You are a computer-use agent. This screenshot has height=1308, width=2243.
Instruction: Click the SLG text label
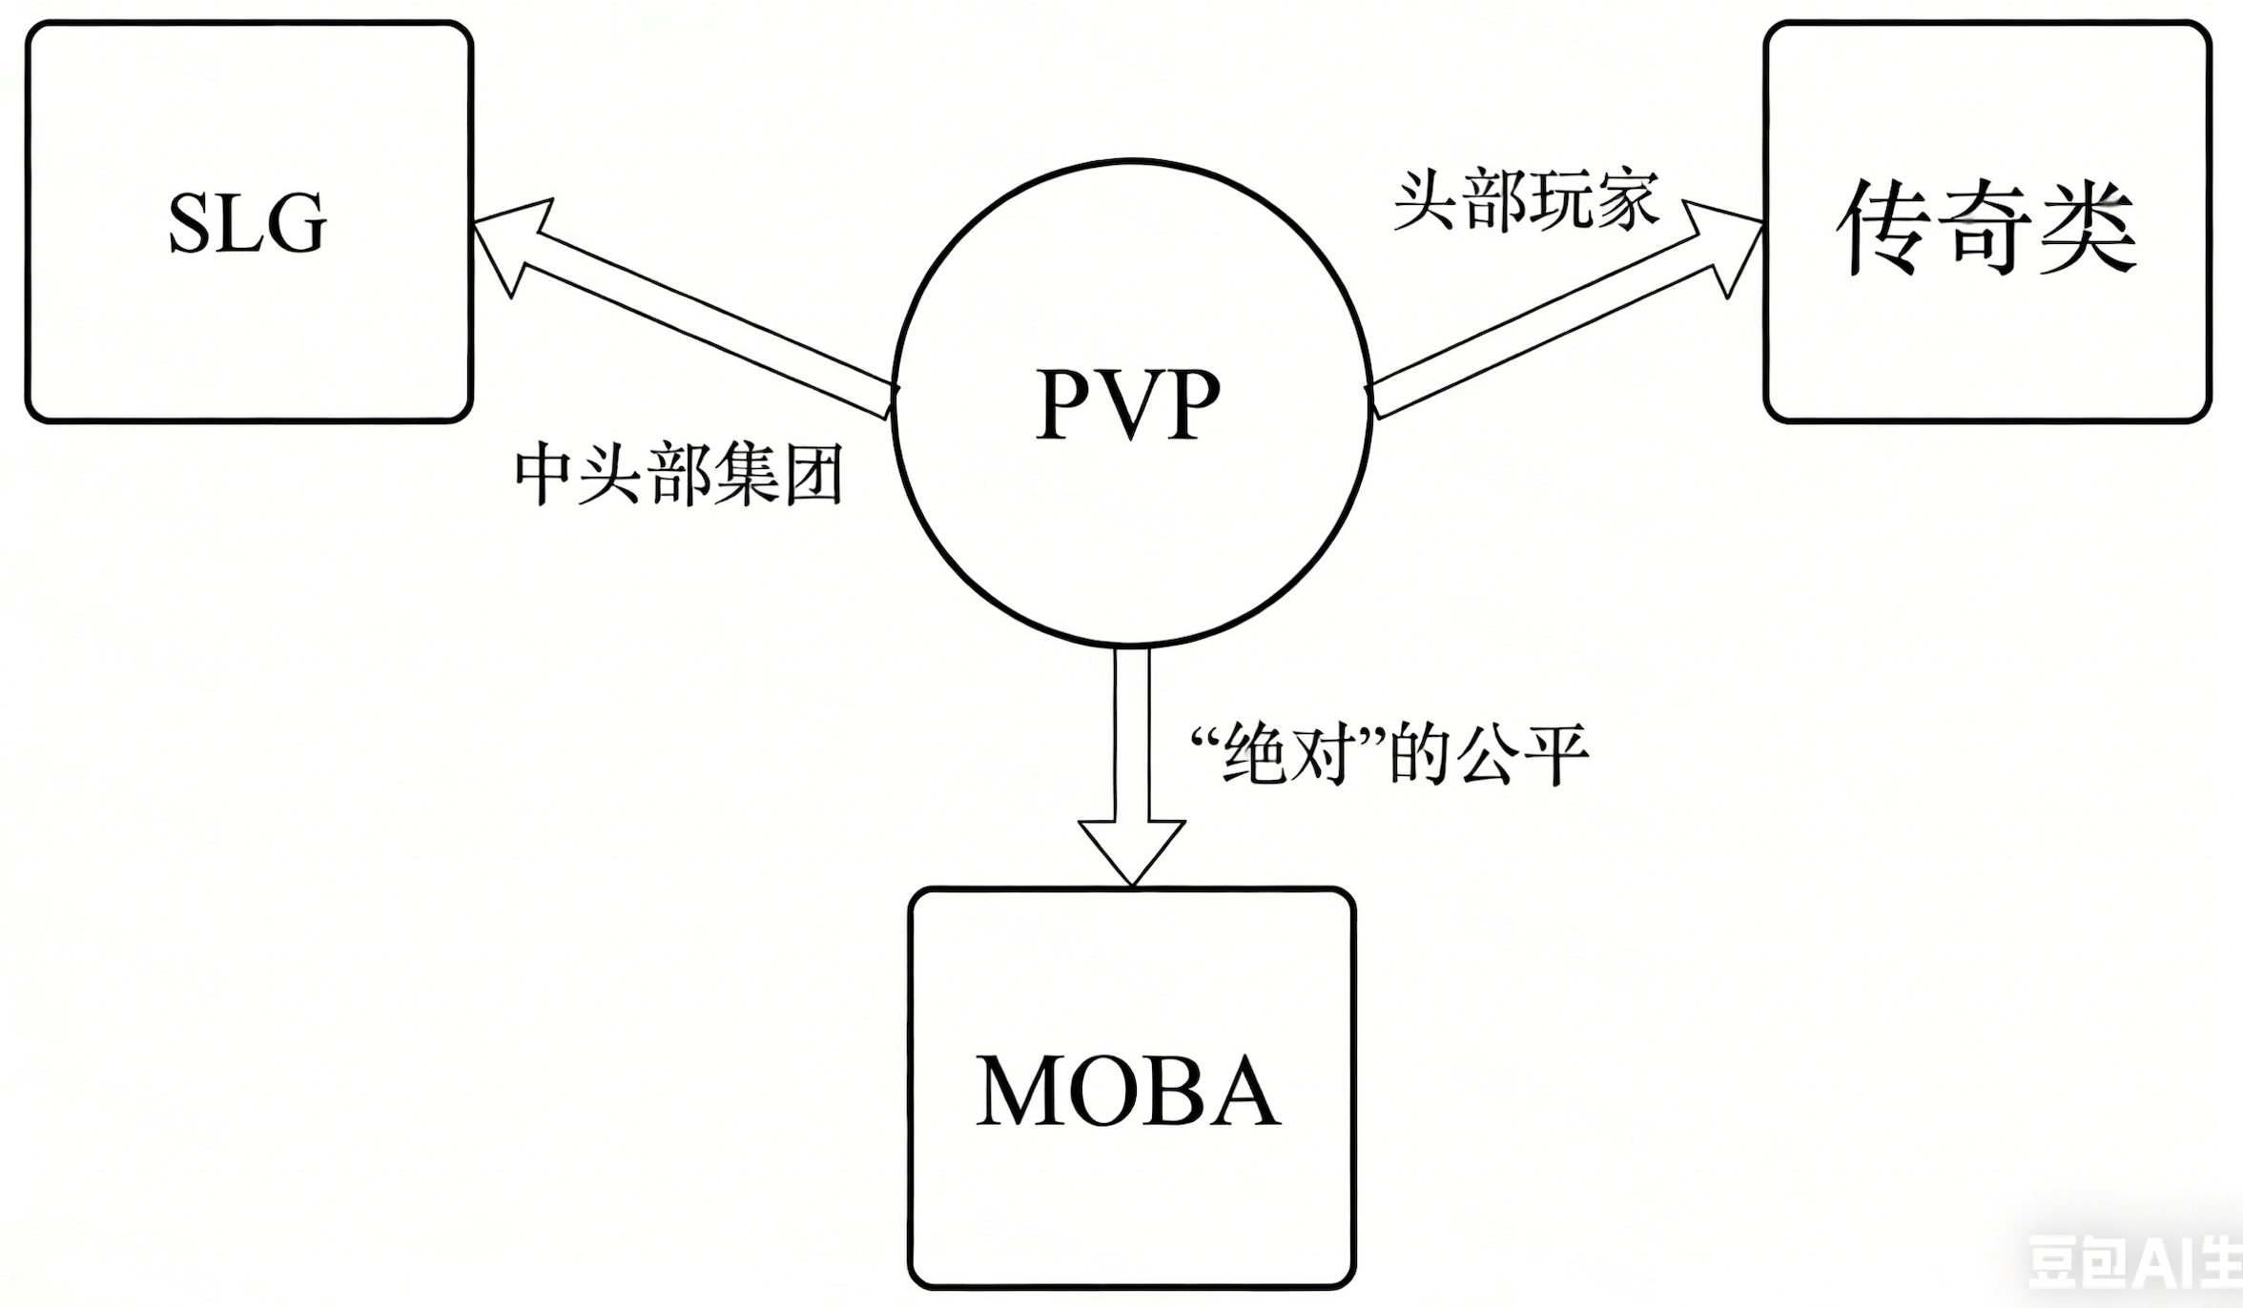(x=247, y=222)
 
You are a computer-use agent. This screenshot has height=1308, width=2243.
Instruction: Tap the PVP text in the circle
(x=1128, y=404)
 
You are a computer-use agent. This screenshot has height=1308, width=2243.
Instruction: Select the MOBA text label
(x=1127, y=1091)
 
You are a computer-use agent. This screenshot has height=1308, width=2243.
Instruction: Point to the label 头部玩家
(x=1525, y=201)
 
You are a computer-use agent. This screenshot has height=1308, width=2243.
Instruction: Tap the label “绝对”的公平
(x=1389, y=754)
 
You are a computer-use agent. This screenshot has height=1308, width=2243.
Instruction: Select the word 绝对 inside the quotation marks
(x=1288, y=754)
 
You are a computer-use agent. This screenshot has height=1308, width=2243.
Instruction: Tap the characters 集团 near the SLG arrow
(x=778, y=474)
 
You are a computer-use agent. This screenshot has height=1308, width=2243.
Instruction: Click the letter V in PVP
(x=1129, y=404)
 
